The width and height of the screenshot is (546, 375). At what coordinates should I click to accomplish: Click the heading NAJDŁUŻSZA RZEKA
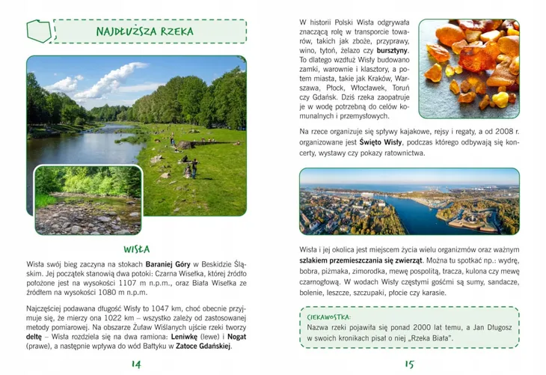(x=144, y=31)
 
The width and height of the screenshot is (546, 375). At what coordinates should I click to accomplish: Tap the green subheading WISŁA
(x=137, y=249)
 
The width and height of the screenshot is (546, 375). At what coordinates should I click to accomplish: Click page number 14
(x=136, y=364)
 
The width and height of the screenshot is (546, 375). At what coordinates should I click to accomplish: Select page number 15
(x=409, y=364)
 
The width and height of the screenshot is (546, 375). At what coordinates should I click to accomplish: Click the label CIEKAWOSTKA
(x=334, y=317)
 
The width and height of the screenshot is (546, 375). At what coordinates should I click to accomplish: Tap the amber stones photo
(x=468, y=65)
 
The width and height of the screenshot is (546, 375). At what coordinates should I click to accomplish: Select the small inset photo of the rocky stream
(x=88, y=200)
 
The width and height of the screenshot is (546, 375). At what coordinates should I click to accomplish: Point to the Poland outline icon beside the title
(x=40, y=31)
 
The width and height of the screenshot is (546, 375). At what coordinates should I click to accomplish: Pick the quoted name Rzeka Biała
(x=430, y=339)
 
